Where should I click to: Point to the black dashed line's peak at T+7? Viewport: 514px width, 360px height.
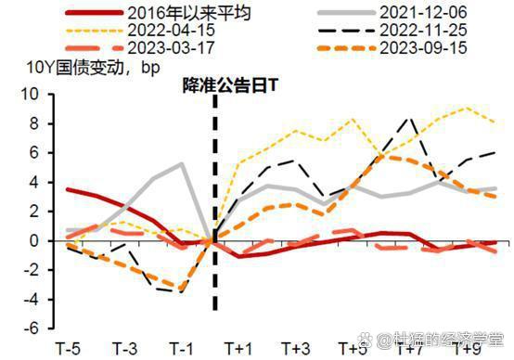[x=412, y=118]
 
